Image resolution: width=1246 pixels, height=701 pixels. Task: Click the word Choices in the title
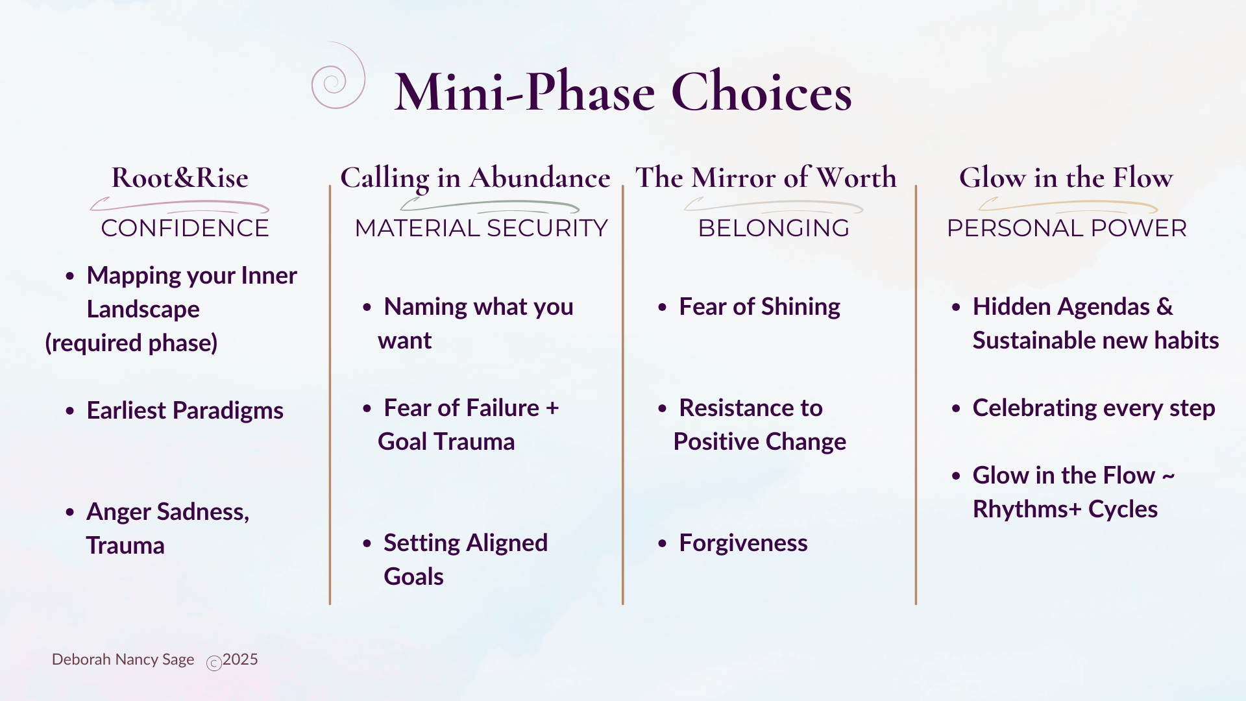pos(761,92)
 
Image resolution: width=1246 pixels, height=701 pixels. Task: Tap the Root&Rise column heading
pos(180,177)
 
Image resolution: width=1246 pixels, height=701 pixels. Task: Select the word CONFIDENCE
pos(185,228)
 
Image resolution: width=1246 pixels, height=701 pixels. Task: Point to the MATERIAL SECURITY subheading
pos(481,228)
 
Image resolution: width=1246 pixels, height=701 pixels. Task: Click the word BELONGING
pos(774,228)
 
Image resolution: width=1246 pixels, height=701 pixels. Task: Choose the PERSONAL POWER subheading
pos(1067,228)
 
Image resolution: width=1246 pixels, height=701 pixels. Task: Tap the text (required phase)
pos(131,343)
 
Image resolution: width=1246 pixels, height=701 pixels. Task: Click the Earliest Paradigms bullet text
pos(185,410)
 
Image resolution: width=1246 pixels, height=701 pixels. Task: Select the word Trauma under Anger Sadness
pos(125,545)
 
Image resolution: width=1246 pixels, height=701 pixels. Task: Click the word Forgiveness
pos(743,543)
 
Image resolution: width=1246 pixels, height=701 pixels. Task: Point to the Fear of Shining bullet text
pos(759,306)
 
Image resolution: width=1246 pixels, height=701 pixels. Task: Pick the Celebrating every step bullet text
pos(1093,408)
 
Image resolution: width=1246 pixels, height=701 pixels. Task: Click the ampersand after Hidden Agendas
pos(1165,306)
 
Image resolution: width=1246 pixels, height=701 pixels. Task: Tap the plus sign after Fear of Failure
pos(552,408)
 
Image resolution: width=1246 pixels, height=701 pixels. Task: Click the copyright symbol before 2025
pos(214,663)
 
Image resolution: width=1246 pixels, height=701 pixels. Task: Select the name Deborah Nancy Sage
pos(123,659)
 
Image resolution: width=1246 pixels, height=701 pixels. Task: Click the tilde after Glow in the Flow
pos(1169,476)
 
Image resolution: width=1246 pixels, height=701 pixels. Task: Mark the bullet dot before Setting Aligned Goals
pos(367,543)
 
